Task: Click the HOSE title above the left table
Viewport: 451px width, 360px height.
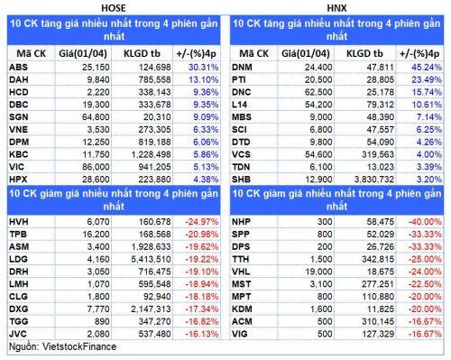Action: [114, 8]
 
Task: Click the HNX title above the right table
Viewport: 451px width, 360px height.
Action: [336, 8]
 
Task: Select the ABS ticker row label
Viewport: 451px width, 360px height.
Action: [18, 67]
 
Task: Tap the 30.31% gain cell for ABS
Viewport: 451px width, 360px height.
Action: [203, 67]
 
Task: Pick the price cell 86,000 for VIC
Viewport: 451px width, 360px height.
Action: [96, 167]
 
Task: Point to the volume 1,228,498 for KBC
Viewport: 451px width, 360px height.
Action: [151, 154]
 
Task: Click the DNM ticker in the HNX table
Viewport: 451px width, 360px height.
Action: [242, 67]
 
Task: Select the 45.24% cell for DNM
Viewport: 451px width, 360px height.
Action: [427, 67]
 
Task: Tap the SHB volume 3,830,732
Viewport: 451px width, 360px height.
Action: [374, 180]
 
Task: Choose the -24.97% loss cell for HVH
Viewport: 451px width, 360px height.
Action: [202, 222]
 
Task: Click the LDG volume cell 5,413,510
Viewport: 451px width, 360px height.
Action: [151, 259]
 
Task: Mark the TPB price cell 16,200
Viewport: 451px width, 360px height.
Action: [96, 235]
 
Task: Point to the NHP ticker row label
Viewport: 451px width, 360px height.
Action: [241, 222]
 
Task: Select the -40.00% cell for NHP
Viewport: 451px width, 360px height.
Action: [425, 222]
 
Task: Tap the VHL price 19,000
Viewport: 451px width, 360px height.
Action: [318, 272]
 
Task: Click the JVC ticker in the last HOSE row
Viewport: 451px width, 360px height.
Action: [18, 334]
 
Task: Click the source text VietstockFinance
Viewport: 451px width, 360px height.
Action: [79, 346]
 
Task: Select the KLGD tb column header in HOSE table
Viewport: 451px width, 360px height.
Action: [142, 54]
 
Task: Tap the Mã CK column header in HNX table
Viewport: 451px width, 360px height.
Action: [253, 54]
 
